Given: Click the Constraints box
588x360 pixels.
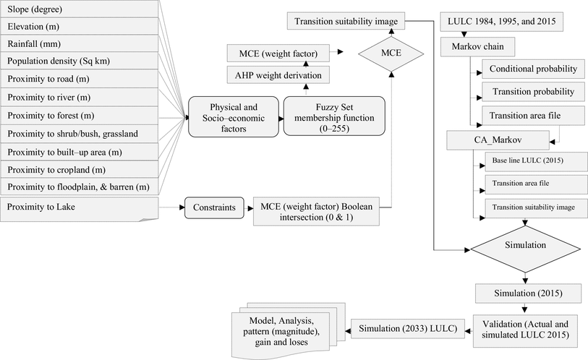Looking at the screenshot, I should click(x=213, y=208).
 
